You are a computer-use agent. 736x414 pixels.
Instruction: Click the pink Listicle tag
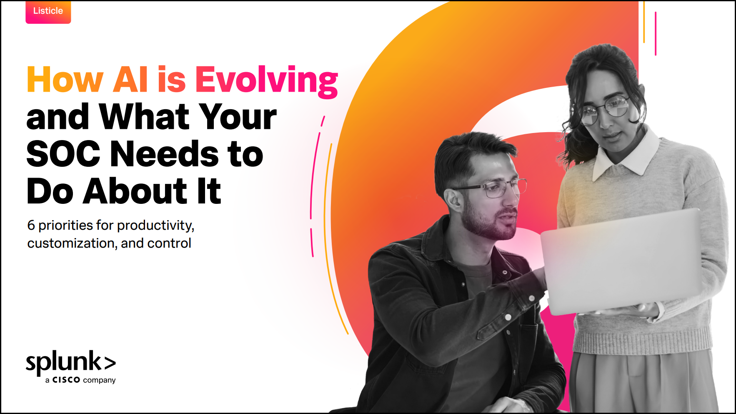tap(48, 12)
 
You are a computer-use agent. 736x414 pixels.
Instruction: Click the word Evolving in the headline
tap(266, 80)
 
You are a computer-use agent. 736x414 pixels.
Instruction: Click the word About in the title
tap(135, 191)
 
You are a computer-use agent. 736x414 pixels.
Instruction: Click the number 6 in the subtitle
tap(31, 226)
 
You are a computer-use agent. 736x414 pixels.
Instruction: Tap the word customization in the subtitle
tap(72, 243)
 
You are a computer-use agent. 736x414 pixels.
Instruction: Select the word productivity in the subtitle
tap(155, 226)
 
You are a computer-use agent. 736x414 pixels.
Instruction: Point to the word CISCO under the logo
tap(66, 380)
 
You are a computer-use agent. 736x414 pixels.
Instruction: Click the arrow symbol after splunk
tap(110, 363)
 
